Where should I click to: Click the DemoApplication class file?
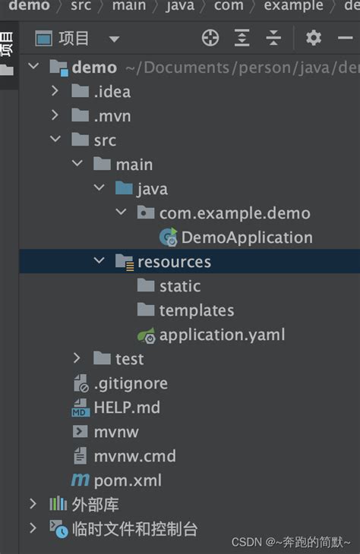(247, 238)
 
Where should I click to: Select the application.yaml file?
(222, 335)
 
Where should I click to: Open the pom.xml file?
(128, 480)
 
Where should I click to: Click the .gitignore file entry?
(131, 384)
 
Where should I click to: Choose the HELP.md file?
(127, 408)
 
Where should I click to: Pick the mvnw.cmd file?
(134, 456)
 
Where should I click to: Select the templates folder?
(197, 310)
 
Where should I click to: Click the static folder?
(180, 286)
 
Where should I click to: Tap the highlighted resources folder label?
(174, 262)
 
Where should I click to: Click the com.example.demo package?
(235, 213)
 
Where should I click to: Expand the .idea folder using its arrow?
(55, 91)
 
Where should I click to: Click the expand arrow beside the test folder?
(77, 359)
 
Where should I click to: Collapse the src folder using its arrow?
(55, 139)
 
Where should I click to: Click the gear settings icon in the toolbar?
(314, 37)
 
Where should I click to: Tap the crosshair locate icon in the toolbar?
(210, 37)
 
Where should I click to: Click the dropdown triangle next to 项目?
(114, 39)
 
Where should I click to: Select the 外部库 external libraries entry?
(95, 505)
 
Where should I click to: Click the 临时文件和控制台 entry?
(134, 529)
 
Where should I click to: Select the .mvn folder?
(112, 116)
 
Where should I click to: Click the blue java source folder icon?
(124, 188)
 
